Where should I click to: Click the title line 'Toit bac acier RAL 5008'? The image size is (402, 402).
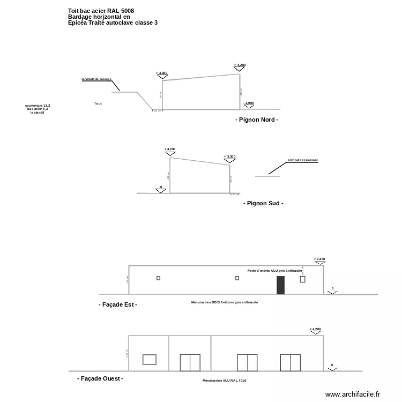101,11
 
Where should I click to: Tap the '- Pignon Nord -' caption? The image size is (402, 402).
257,120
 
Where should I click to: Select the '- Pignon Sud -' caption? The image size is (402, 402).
263,204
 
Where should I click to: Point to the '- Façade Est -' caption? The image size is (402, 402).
118,304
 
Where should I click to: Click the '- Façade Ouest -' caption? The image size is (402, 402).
100,378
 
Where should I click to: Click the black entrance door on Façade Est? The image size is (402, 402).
280,285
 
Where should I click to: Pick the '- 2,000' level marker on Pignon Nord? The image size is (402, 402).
248,103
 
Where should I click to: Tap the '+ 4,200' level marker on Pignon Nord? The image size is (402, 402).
240,65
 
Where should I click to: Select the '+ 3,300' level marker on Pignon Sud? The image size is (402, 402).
229,157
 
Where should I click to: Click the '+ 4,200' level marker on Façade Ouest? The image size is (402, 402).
315,329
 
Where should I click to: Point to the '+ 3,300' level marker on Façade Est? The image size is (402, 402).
319,259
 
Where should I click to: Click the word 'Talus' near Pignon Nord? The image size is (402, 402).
98,103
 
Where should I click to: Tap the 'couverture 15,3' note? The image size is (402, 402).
38,106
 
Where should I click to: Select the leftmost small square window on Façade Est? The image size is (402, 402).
158,278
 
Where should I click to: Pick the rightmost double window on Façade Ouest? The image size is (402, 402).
290,362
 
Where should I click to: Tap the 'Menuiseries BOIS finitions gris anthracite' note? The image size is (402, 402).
225,302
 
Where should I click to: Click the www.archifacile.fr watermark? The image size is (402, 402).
352,394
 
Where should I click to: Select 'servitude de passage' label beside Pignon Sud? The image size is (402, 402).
302,160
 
